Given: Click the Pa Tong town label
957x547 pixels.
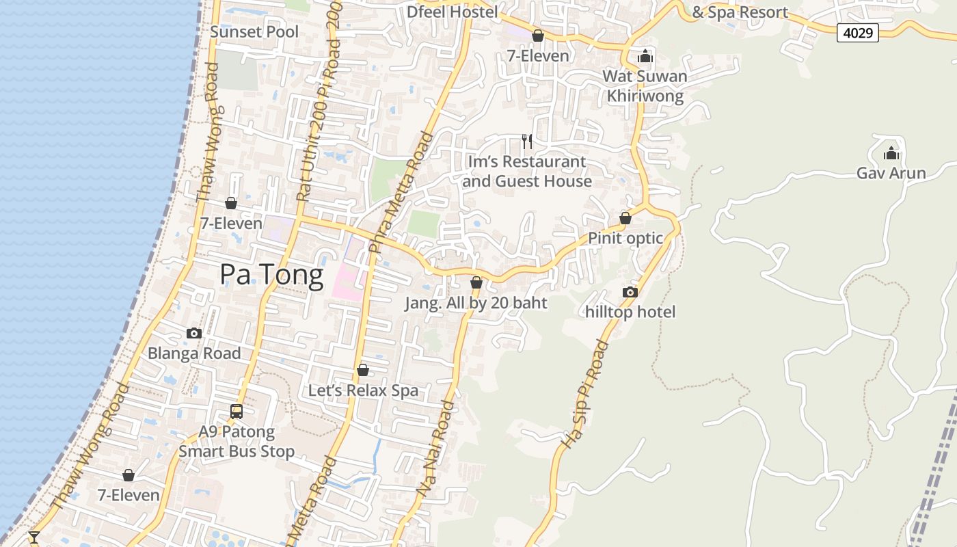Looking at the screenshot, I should tap(271, 275).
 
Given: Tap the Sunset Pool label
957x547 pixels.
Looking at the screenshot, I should tap(254, 32).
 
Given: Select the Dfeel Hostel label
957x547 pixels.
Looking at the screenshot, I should tap(452, 12).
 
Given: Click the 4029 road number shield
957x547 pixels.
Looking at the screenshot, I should tap(857, 32).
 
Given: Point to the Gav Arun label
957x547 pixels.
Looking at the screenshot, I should tap(891, 173).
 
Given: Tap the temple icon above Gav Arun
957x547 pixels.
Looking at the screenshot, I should tap(891, 153).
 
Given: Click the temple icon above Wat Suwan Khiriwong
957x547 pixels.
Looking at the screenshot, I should tap(645, 56).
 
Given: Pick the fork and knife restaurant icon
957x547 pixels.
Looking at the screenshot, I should tap(527, 142).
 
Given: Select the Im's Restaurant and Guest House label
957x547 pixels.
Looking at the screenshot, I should tap(526, 172).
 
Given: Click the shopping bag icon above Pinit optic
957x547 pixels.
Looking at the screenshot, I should tap(625, 219).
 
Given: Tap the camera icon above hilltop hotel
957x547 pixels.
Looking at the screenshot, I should tap(630, 293).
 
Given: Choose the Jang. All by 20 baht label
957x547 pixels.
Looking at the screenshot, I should tap(476, 302).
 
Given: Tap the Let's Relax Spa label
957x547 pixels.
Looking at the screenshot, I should tap(363, 390).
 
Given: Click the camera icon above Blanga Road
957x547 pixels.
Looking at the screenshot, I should tap(194, 334).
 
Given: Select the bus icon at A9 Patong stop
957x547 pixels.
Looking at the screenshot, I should tap(237, 412).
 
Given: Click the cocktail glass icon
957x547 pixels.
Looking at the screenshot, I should tap(33, 537).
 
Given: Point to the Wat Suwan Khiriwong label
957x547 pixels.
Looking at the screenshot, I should tap(645, 85).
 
